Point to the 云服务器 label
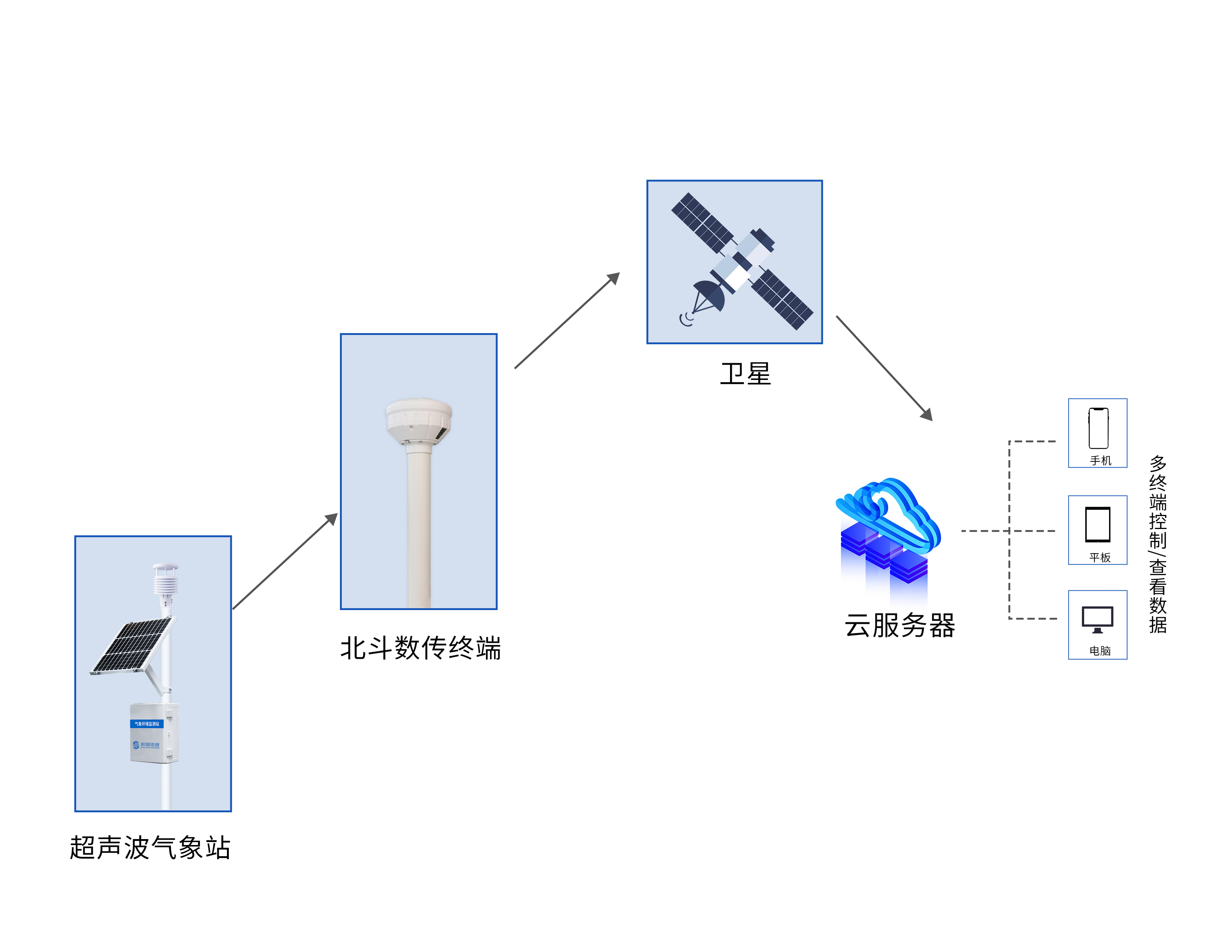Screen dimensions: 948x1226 899,625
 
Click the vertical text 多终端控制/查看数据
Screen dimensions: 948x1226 1158,544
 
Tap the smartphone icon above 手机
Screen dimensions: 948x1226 1098,428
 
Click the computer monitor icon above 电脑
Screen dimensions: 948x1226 1097,619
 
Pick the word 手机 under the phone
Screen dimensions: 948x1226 1100,461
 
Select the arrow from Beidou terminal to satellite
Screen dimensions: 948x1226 567,321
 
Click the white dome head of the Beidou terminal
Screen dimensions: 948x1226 419,420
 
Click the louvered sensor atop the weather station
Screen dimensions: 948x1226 166,579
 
